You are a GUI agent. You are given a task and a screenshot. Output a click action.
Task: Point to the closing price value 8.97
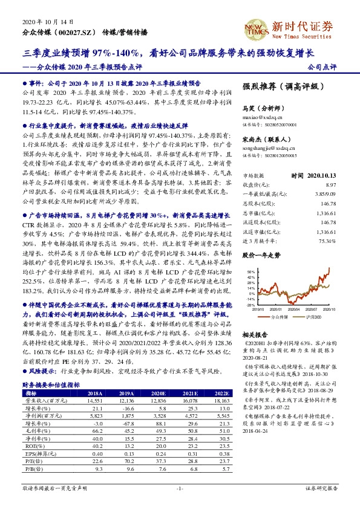329,184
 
